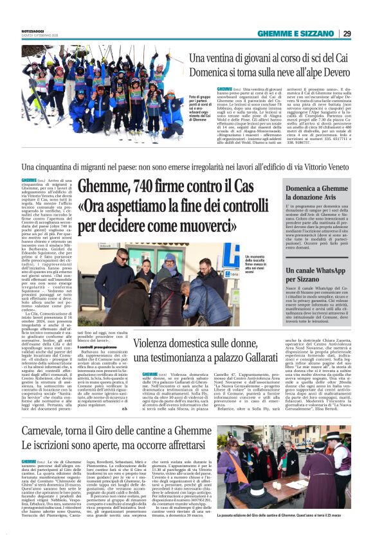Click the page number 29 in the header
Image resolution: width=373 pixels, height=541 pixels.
346,33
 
